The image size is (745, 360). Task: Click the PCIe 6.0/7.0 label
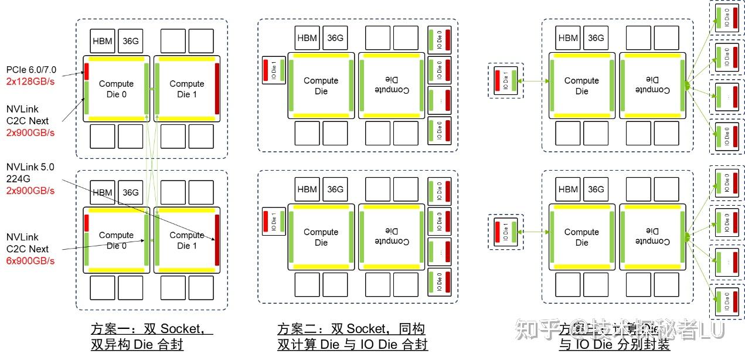(32, 70)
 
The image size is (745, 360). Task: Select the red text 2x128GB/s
(30, 81)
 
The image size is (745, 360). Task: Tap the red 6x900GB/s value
(30, 260)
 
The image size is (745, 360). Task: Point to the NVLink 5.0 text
(30, 167)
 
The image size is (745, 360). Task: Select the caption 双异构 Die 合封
(137, 345)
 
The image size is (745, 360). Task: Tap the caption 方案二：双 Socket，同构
(351, 329)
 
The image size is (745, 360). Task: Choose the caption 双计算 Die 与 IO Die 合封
(352, 345)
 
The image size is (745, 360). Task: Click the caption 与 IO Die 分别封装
(614, 345)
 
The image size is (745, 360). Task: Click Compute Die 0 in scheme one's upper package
(116, 89)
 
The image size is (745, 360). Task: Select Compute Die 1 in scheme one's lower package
(187, 240)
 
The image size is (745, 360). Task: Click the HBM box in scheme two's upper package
(307, 38)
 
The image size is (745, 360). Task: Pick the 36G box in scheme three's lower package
(596, 189)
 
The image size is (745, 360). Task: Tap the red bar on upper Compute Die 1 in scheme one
(217, 89)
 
